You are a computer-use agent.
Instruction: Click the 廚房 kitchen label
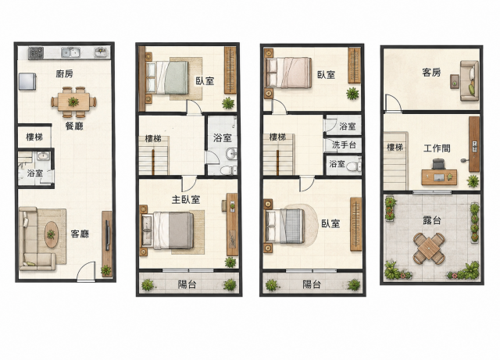(64, 74)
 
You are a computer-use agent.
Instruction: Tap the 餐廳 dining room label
(74, 126)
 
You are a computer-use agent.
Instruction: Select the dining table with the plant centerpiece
(73, 102)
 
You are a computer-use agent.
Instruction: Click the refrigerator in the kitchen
(27, 81)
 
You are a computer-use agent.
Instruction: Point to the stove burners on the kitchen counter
(36, 52)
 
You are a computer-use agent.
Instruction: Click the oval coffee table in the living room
(51, 234)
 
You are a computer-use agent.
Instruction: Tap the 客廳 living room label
(80, 234)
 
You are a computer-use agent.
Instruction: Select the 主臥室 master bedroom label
(186, 200)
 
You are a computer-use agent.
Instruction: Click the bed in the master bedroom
(168, 230)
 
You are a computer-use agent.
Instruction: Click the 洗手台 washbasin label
(344, 144)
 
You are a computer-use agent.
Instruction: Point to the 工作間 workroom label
(437, 148)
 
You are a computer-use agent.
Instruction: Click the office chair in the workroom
(438, 164)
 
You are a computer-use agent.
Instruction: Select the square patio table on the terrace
(429, 248)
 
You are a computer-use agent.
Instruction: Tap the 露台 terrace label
(432, 220)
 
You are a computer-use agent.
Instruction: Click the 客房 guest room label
(431, 73)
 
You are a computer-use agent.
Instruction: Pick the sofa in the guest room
(470, 80)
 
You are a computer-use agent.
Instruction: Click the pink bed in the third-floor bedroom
(288, 73)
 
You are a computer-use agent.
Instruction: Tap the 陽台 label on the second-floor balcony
(187, 284)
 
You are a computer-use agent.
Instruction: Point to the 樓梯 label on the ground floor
(34, 137)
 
